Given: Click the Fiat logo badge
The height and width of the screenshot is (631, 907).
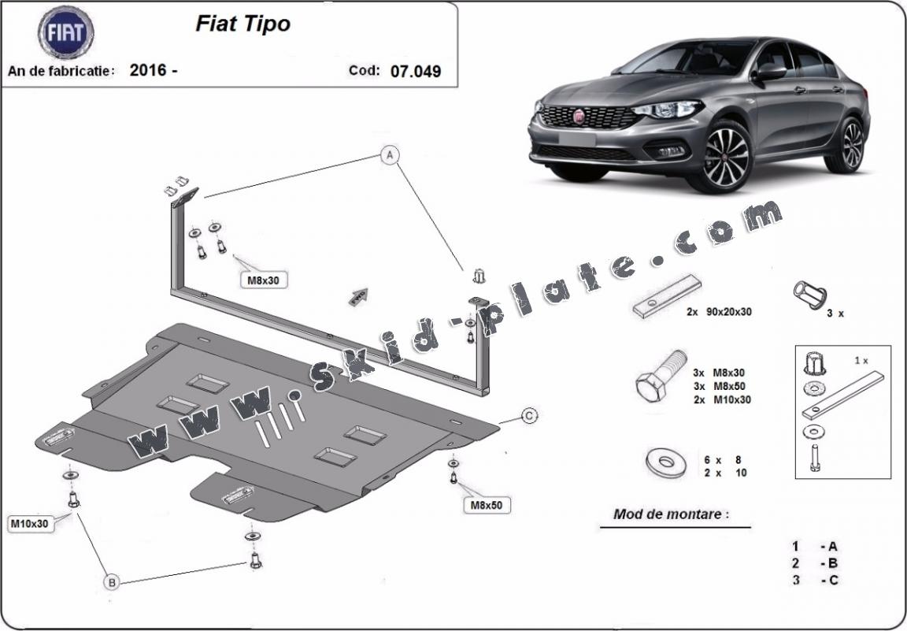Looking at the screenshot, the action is tap(66, 32).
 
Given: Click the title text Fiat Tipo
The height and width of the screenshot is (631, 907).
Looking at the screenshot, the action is tap(243, 23).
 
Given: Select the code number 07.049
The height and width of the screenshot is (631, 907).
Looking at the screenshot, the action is tap(416, 71).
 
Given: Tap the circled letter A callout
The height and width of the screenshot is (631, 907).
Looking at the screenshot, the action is tap(390, 154).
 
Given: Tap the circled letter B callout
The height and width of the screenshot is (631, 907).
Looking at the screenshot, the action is tap(112, 582).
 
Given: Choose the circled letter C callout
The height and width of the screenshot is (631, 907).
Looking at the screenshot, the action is tap(529, 416).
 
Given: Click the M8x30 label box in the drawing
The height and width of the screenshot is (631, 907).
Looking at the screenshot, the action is tap(264, 280).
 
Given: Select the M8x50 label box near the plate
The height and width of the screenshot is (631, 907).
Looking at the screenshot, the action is tap(487, 505).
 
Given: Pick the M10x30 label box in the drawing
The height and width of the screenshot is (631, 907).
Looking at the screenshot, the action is tap(31, 524).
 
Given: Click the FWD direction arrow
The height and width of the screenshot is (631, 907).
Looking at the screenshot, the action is tap(359, 296).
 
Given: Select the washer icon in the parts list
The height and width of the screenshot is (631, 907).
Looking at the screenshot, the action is tap(666, 462).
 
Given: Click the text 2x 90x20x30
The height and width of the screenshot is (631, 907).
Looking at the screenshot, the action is tap(719, 311).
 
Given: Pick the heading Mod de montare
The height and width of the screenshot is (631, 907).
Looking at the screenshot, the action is tap(671, 514).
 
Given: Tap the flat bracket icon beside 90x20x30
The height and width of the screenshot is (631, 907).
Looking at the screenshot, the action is tap(667, 296).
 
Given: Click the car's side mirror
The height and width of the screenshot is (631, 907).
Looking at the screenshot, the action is tap(769, 72).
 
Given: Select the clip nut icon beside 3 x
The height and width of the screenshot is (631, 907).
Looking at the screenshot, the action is tap(810, 295).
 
